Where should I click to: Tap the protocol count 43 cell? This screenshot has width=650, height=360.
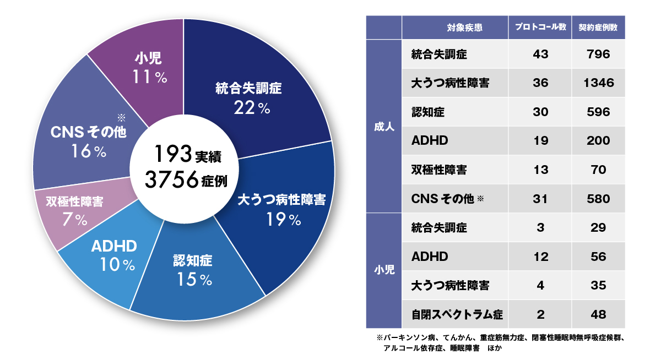pyautogui.click(x=540, y=54)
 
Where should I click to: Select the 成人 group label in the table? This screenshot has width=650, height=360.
pyautogui.click(x=384, y=126)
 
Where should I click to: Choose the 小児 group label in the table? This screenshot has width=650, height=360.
pyautogui.click(x=384, y=271)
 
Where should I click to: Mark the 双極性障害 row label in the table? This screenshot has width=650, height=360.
pyautogui.click(x=439, y=170)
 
